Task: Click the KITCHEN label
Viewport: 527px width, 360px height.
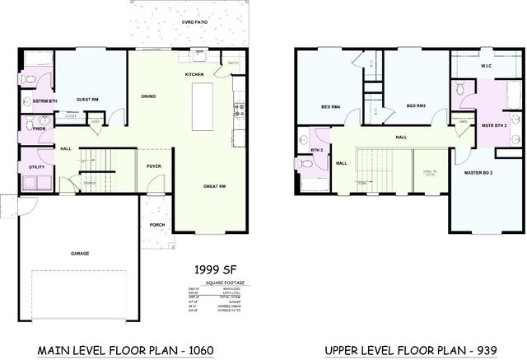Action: tap(194, 74)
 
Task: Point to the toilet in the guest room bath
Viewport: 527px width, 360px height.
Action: tap(29, 79)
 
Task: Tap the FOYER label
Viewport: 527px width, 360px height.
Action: tap(153, 165)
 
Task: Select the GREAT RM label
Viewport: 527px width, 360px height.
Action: tap(215, 187)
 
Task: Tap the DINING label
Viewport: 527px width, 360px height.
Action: tap(149, 95)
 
